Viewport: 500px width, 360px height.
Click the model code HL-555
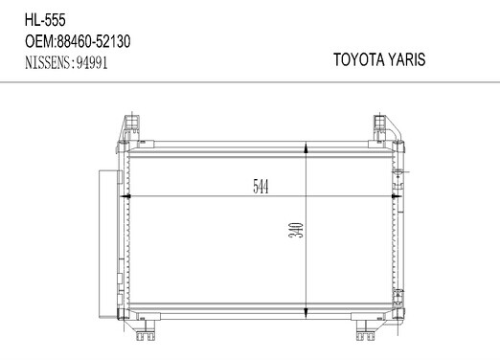45,20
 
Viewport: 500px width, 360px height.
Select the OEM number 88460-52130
94,41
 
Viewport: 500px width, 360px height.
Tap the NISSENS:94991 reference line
66,62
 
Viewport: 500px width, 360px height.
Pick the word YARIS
407,59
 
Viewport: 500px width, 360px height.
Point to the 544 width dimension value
261,187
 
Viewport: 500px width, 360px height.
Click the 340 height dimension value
296,230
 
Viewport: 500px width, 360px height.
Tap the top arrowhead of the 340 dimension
306,148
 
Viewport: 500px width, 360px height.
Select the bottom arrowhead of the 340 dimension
306,313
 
